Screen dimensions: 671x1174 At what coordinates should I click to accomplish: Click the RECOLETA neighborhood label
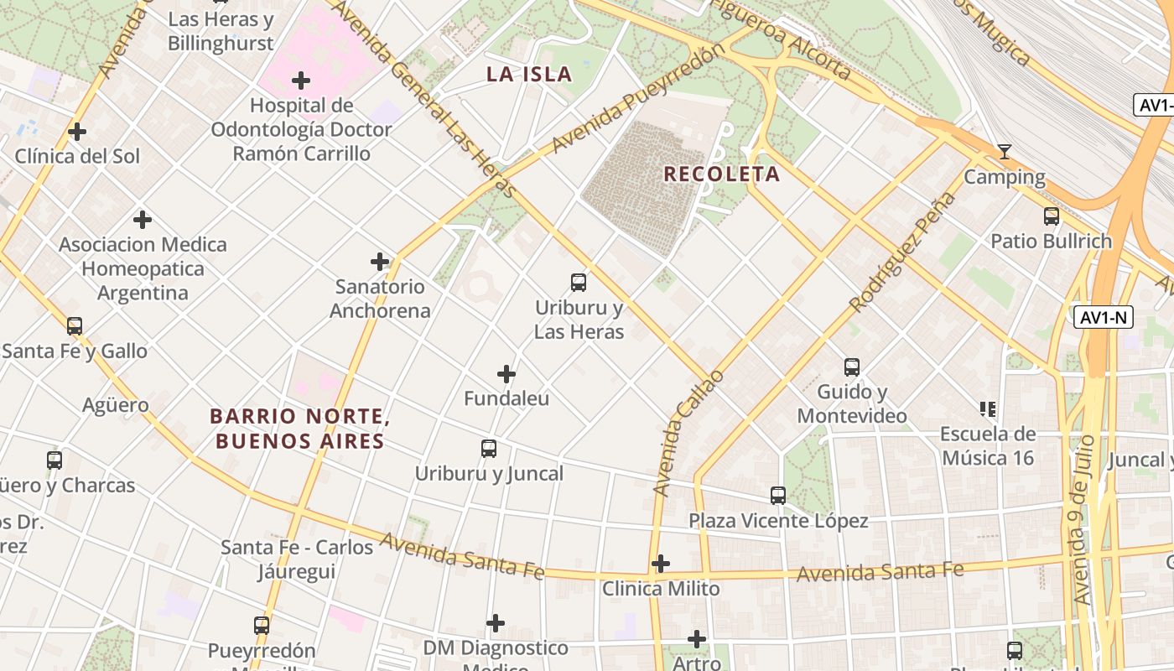[x=721, y=174]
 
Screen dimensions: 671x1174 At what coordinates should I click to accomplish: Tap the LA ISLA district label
[x=529, y=75]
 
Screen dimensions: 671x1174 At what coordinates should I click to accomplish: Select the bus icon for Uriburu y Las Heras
[x=579, y=283]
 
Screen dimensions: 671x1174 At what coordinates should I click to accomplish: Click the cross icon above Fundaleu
[x=506, y=374]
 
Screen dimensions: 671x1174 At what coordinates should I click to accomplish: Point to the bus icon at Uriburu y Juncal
[x=489, y=449]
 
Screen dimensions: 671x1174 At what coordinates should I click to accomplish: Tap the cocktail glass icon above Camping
[x=1004, y=152]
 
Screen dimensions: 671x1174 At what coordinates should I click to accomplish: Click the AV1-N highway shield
[x=1104, y=317]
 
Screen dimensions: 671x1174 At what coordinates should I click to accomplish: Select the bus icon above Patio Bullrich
[x=1051, y=216]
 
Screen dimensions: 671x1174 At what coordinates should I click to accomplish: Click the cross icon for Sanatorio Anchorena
[x=380, y=262]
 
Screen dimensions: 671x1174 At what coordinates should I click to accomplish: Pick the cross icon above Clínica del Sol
[x=77, y=132]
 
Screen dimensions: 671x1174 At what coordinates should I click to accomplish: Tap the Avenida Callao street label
[x=687, y=433]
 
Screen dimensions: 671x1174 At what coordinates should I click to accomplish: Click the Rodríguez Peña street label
[x=902, y=252]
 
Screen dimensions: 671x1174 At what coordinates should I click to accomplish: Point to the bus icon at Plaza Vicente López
[x=778, y=496]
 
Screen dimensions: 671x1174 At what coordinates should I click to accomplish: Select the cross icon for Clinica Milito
[x=661, y=564]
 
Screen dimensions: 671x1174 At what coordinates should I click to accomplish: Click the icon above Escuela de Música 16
[x=988, y=409]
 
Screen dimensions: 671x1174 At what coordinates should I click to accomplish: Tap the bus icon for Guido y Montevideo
[x=852, y=367]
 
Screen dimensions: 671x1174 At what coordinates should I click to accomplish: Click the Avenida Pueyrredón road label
[x=637, y=99]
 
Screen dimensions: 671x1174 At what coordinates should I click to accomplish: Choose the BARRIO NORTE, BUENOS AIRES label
[x=299, y=429]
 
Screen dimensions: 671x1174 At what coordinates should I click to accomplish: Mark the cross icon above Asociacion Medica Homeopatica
[x=143, y=220]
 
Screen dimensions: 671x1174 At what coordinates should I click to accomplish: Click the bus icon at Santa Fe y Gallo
[x=75, y=326]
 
